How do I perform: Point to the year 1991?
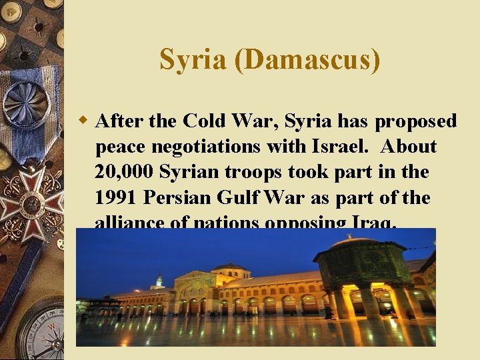(x=117, y=198)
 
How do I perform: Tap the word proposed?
(x=416, y=121)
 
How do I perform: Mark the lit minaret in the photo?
(x=159, y=281)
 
